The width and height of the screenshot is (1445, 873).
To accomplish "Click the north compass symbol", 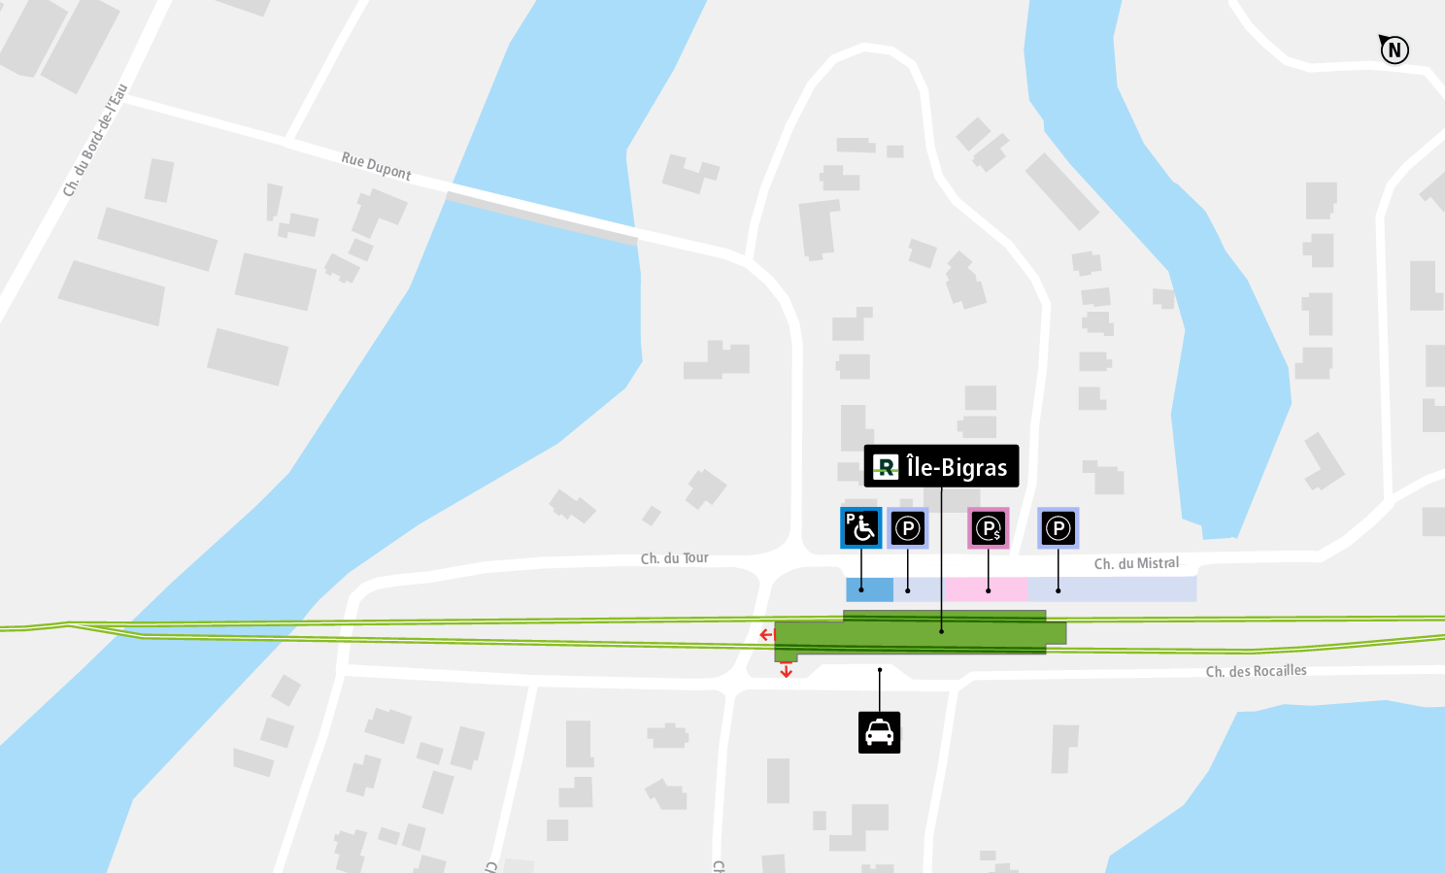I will tap(1395, 50).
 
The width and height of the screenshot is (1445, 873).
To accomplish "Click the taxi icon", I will tap(879, 732).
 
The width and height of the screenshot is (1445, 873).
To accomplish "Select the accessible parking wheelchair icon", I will tap(860, 527).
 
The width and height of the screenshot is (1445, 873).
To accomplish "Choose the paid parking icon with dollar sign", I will tap(988, 528).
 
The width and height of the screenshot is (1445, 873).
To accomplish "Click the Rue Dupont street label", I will tap(376, 166).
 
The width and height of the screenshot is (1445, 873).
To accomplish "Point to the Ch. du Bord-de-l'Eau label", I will tap(94, 141).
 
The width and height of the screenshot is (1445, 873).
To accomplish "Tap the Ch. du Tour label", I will tap(674, 558).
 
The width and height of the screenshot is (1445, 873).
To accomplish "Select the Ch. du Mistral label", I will tap(1136, 563).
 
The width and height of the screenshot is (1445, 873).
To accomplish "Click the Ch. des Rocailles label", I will tap(1256, 671).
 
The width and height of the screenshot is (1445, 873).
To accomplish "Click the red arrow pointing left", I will tap(766, 635).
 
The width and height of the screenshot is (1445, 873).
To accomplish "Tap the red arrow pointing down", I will tap(786, 670).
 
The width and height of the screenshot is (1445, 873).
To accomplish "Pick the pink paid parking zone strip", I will tap(985, 589).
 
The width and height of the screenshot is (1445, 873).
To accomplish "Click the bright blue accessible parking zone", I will tap(869, 589).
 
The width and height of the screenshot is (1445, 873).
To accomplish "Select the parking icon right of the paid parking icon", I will tap(1058, 528).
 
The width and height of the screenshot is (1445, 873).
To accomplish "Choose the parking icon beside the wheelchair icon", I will tap(907, 528).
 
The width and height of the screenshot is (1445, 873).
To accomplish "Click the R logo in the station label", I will tap(885, 467).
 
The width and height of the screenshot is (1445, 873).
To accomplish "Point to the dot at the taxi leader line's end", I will tap(880, 669).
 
